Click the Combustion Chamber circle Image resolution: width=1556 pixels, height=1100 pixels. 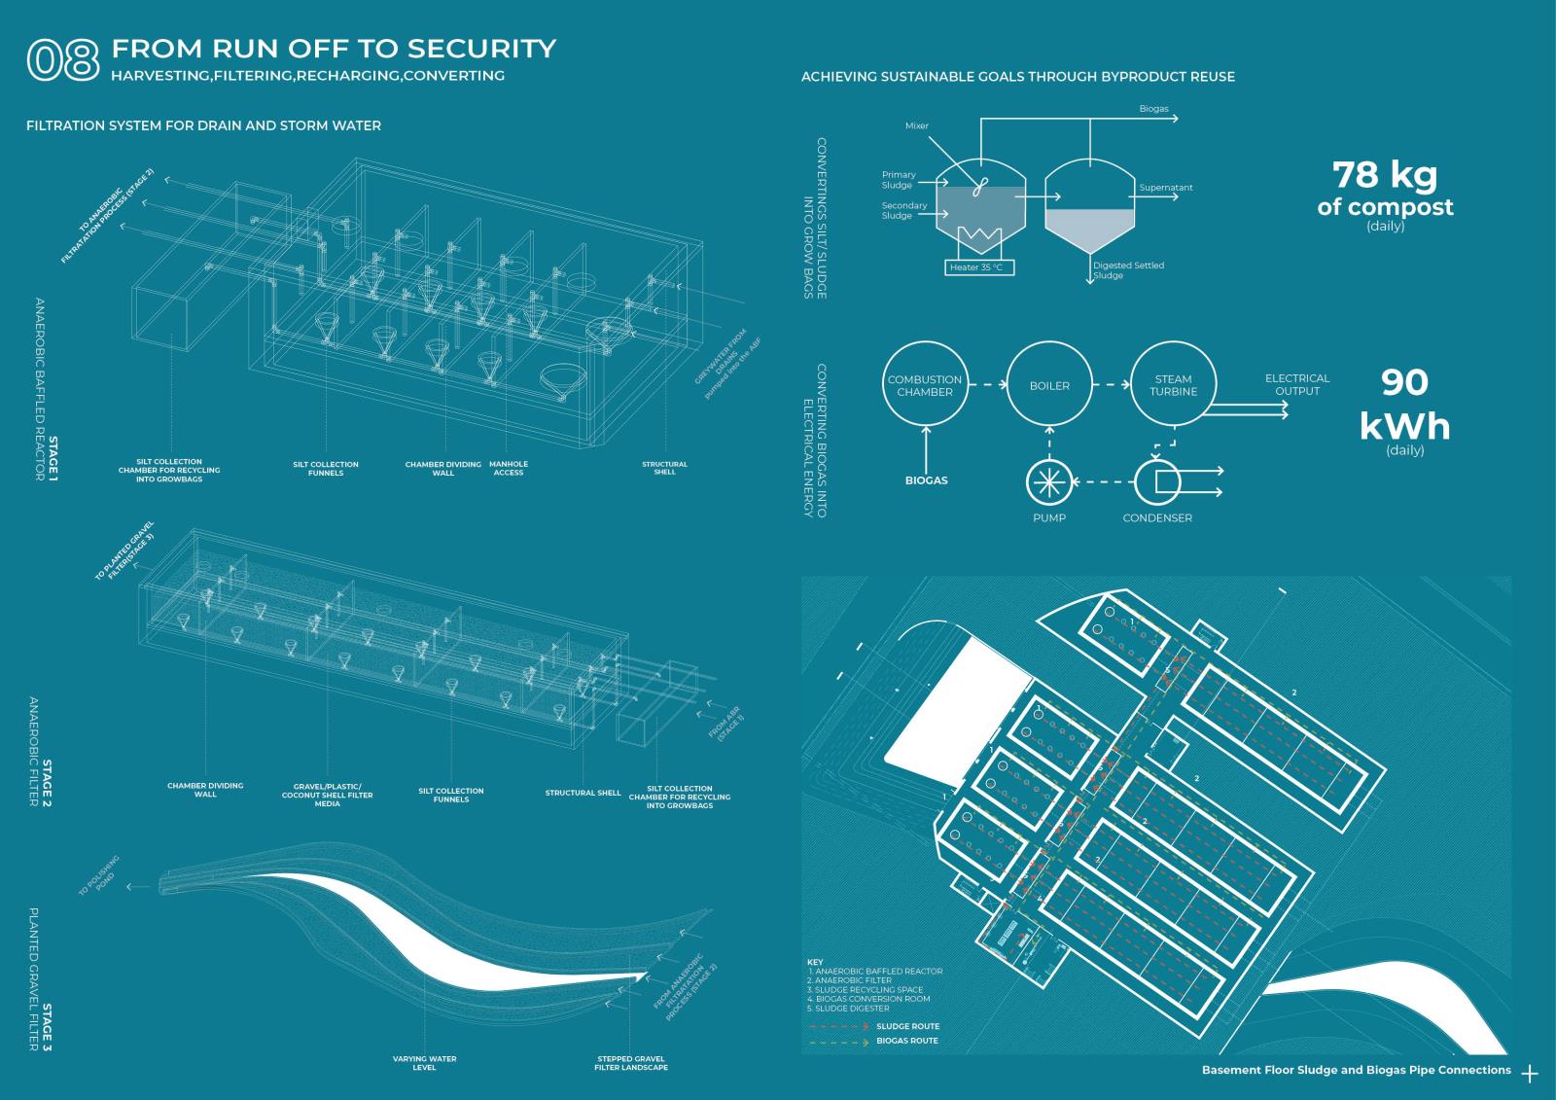coord(924,385)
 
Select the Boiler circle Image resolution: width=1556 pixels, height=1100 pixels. coord(1049,385)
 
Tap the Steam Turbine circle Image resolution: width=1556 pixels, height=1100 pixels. coord(1174,385)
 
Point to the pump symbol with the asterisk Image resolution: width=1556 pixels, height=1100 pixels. coord(1049,480)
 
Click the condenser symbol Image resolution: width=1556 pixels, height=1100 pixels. coord(1157,480)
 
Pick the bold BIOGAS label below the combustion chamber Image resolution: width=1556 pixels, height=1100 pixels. coord(926,480)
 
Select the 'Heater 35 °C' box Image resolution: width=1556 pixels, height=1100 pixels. coord(979,267)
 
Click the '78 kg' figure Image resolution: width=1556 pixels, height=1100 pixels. coord(1385,175)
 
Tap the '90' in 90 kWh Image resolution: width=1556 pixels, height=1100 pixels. coord(1405,382)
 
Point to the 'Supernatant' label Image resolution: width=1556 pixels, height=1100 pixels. coord(1166,188)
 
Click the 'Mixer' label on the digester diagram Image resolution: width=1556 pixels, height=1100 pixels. coord(917,125)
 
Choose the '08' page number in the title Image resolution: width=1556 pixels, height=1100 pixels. coord(63,59)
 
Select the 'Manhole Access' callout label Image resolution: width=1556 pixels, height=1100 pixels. coord(509,468)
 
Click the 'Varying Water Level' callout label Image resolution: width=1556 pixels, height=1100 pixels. coord(424,1063)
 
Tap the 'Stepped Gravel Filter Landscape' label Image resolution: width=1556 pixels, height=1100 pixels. coord(631,1063)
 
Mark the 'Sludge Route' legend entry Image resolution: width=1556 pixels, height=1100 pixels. coord(907,1026)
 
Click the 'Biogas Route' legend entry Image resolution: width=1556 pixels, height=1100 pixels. coord(907,1041)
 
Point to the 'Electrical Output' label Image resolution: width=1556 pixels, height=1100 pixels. coord(1297,384)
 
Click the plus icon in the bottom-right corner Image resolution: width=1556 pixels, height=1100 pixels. coord(1530,1074)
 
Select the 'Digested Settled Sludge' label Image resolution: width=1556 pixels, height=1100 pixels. coord(1128,269)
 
